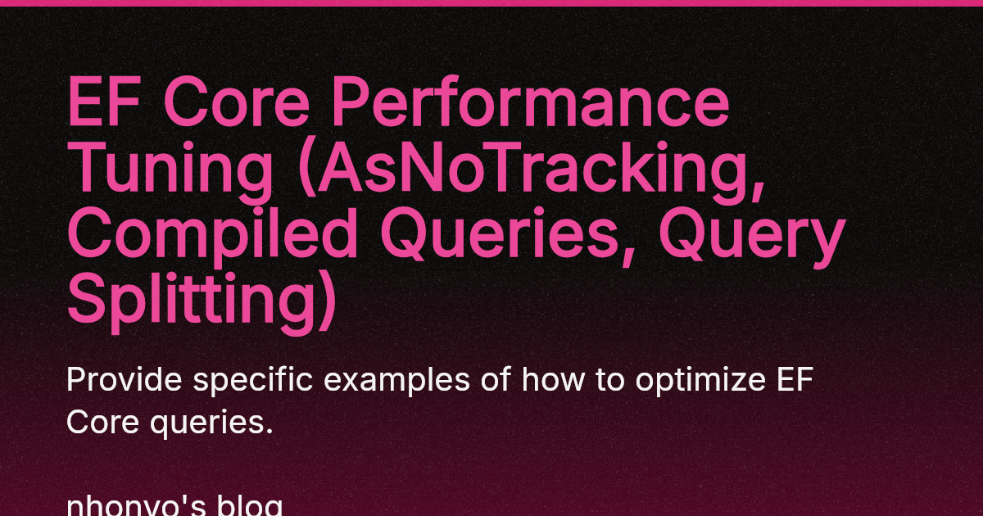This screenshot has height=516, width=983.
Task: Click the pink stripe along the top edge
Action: coord(491,2)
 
